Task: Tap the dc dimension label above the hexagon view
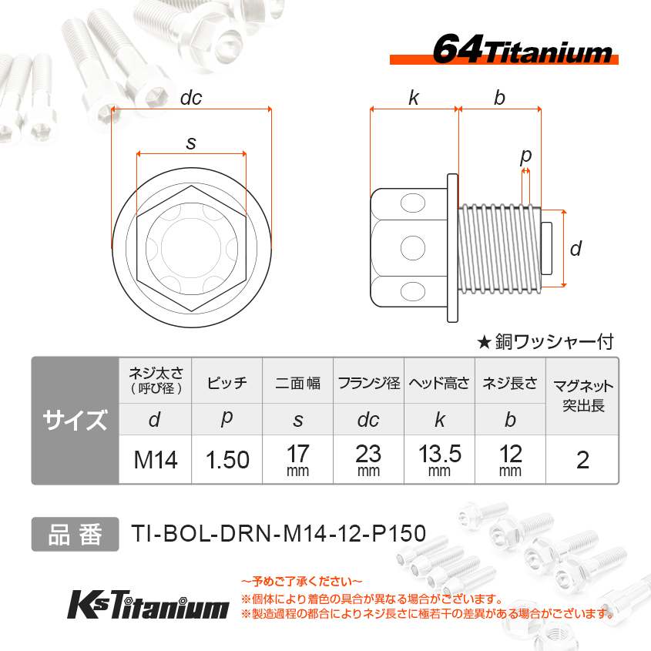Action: click(191, 98)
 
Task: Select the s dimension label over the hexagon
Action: click(191, 143)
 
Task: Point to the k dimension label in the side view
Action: click(414, 98)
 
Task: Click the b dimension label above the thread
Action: click(499, 98)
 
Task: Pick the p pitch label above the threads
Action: click(525, 156)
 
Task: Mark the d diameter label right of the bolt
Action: click(575, 249)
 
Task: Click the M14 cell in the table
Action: click(156, 460)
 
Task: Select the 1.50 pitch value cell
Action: click(227, 460)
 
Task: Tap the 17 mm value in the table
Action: click(297, 460)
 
